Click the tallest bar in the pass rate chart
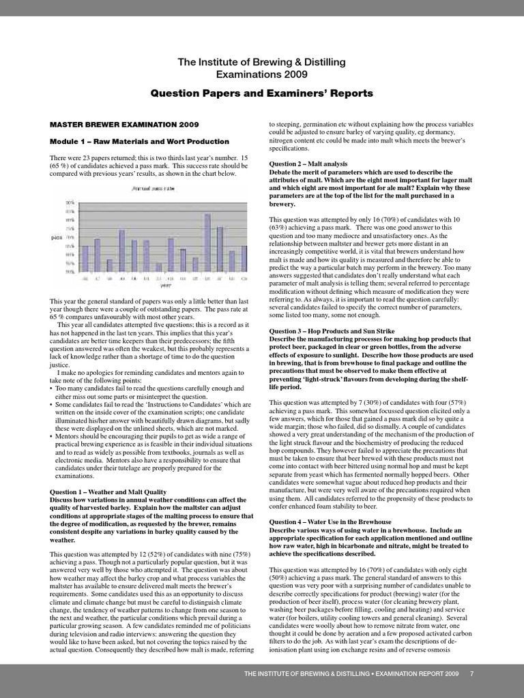(x=207, y=243)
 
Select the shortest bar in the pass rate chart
(x=158, y=267)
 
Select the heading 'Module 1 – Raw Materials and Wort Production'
(x=140, y=141)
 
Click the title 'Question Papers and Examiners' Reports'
(x=261, y=93)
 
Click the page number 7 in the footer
(x=471, y=674)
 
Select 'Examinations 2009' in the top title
(x=261, y=74)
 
